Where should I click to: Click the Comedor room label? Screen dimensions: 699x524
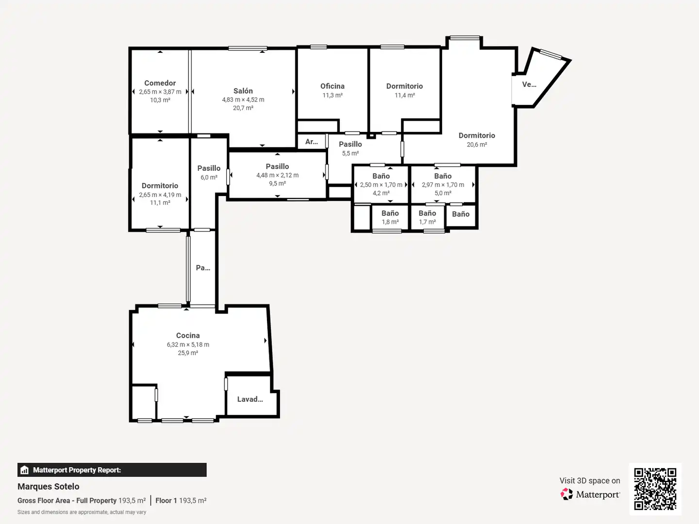coord(160,83)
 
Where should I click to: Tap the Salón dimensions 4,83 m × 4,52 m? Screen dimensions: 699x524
coord(243,99)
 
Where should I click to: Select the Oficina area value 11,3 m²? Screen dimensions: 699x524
coord(332,95)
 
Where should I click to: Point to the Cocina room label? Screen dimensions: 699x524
coord(188,335)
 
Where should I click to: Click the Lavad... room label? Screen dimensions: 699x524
coord(250,399)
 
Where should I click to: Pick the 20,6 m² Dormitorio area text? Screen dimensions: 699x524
coord(477,145)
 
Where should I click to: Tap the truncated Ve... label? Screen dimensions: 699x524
coord(529,84)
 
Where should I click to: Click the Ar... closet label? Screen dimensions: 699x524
coord(312,142)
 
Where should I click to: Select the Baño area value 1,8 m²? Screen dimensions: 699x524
coord(390,222)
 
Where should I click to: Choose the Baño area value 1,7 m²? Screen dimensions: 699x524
coord(427,222)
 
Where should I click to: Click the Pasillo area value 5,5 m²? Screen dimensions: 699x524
coord(350,153)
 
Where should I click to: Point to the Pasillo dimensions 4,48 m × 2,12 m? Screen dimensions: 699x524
coord(277,175)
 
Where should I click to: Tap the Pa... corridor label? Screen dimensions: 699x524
coord(203,268)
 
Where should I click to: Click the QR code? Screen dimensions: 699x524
coord(655,489)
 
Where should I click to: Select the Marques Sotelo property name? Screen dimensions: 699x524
coord(49,487)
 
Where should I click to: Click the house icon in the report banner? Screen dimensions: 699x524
coord(25,470)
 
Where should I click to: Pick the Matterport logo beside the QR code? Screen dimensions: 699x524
coord(590,494)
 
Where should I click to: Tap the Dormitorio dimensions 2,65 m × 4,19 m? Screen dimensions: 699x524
coord(160,195)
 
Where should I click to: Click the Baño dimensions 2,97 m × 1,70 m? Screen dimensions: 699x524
coord(443,184)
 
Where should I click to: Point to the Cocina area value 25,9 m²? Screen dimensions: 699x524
coord(188,353)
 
